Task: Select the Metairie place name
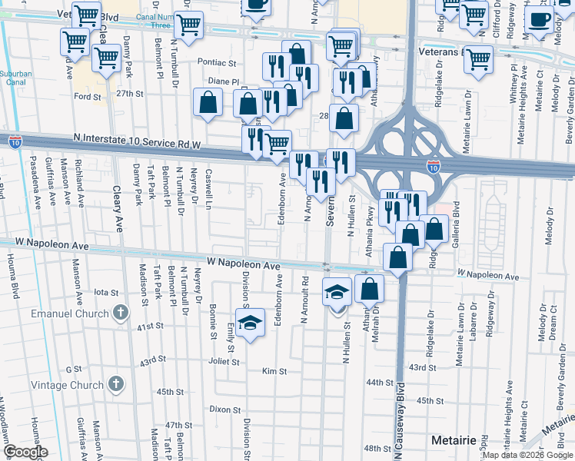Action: [x=455, y=443]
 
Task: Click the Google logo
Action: [x=26, y=452]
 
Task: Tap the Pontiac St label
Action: [x=216, y=62]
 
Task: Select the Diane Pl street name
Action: [x=224, y=81]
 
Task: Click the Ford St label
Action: [x=87, y=97]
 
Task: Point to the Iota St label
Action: [x=106, y=292]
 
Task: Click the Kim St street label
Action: [x=274, y=371]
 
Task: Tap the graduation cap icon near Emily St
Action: [x=250, y=323]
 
